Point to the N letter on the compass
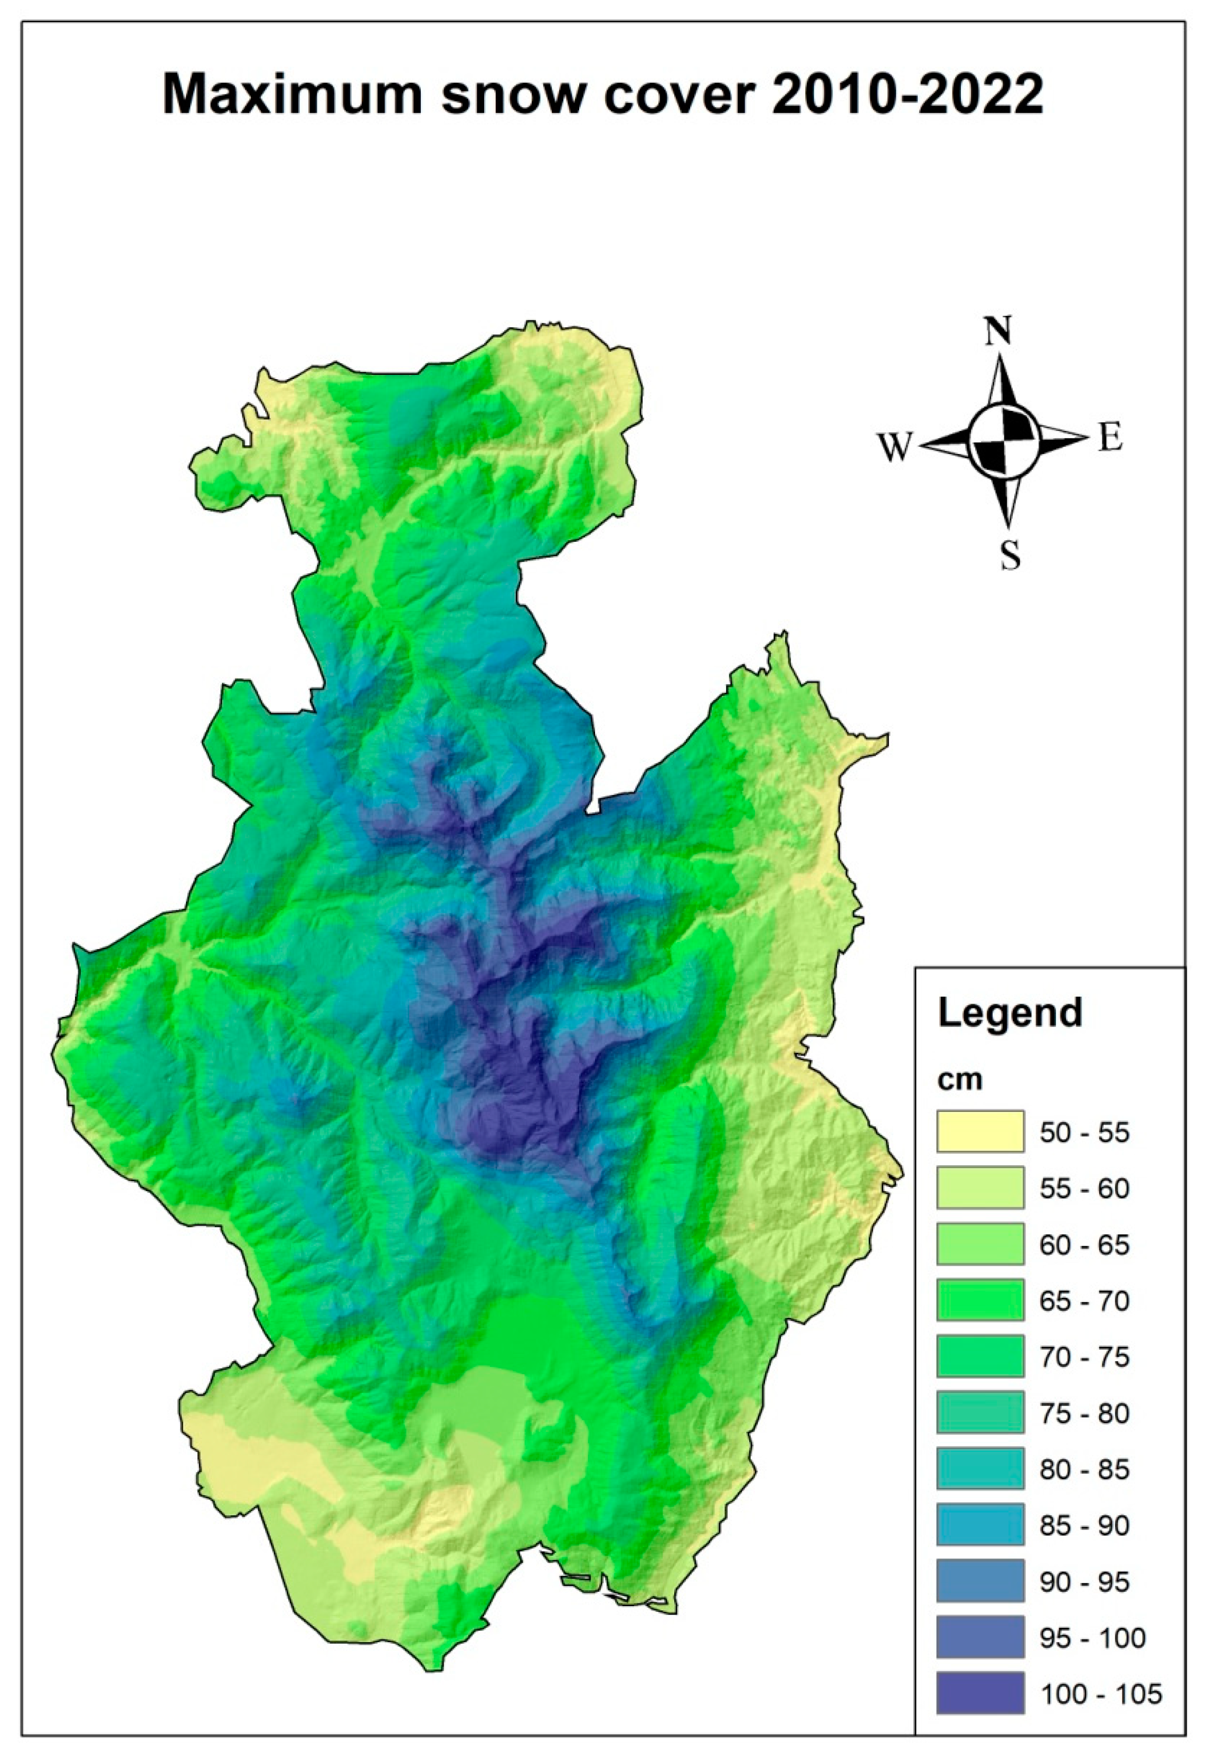coord(998,331)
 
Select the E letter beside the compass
coord(1110,439)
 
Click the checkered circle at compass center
coord(1004,440)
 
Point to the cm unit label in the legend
coord(960,1079)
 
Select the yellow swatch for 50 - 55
coord(980,1132)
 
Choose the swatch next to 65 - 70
coord(980,1300)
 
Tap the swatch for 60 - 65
coord(980,1244)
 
